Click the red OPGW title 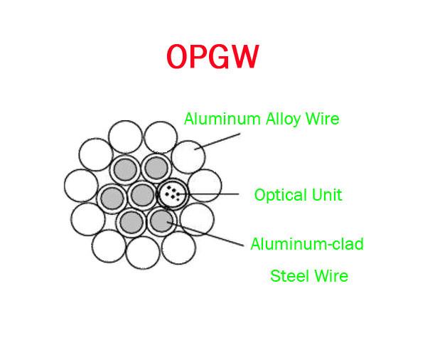coord(213,57)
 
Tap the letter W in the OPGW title coord(244,57)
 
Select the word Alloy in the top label coord(284,120)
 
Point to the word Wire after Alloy coord(323,119)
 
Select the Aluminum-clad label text coord(307,244)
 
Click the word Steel coord(289,275)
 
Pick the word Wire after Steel coord(330,275)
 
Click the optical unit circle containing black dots coord(173,194)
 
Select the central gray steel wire coord(142,195)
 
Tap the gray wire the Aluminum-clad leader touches coord(161,221)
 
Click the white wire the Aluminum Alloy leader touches coord(188,157)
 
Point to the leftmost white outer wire coord(81,186)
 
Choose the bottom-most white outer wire coord(143,253)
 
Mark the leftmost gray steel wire coord(112,198)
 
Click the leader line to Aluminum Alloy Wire coord(217,142)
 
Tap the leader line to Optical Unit coord(208,194)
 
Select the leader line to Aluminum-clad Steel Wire coord(205,233)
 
